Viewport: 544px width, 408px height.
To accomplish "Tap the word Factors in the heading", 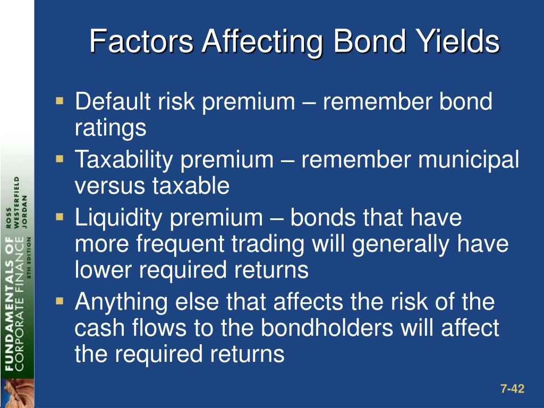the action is point(141,41).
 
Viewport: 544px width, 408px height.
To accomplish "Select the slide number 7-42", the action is point(513,388).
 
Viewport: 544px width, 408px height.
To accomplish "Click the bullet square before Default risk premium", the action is point(59,101).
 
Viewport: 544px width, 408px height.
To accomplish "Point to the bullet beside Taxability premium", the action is point(59,159).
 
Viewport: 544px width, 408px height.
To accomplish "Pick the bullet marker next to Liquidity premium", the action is point(59,217).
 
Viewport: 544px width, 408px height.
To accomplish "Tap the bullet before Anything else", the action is point(59,301).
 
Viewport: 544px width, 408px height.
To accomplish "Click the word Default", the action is point(113,101).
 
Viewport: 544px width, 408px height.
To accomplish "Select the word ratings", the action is point(110,129).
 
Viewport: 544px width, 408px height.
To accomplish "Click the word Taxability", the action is point(124,160).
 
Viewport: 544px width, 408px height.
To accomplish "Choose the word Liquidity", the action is point(118,218).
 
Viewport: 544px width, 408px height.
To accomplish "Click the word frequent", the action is point(180,244).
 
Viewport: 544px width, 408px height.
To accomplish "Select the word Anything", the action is point(122,302).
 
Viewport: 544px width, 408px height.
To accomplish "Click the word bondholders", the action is point(327,327).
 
